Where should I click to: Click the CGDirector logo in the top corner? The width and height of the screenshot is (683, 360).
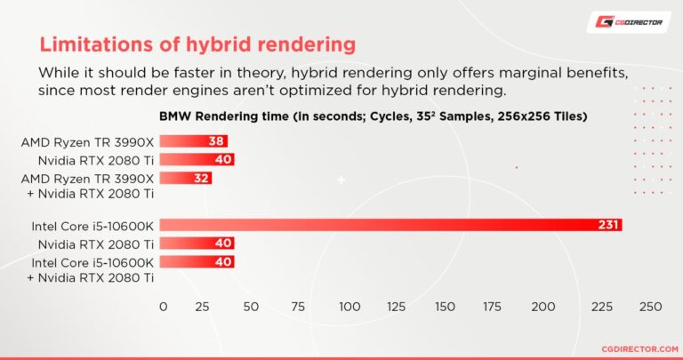click(x=628, y=22)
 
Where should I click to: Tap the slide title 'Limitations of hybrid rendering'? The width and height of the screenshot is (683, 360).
click(x=197, y=44)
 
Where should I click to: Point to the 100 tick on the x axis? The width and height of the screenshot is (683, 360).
click(x=349, y=307)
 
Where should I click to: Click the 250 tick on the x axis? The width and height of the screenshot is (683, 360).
click(x=651, y=307)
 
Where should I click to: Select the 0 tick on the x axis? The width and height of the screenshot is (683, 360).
click(x=163, y=307)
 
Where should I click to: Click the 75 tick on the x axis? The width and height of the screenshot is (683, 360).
click(x=299, y=307)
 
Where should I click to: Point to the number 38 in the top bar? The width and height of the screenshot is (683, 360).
click(x=215, y=140)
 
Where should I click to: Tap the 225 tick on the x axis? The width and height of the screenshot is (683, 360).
click(x=602, y=307)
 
